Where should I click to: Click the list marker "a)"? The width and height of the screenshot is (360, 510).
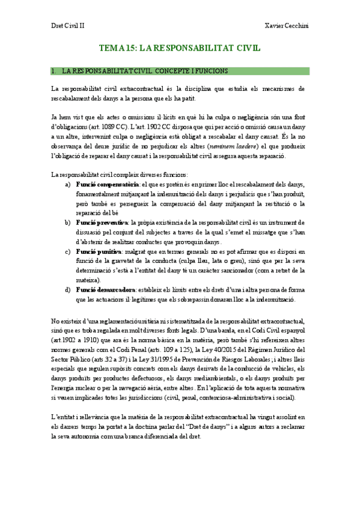[68, 184]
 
